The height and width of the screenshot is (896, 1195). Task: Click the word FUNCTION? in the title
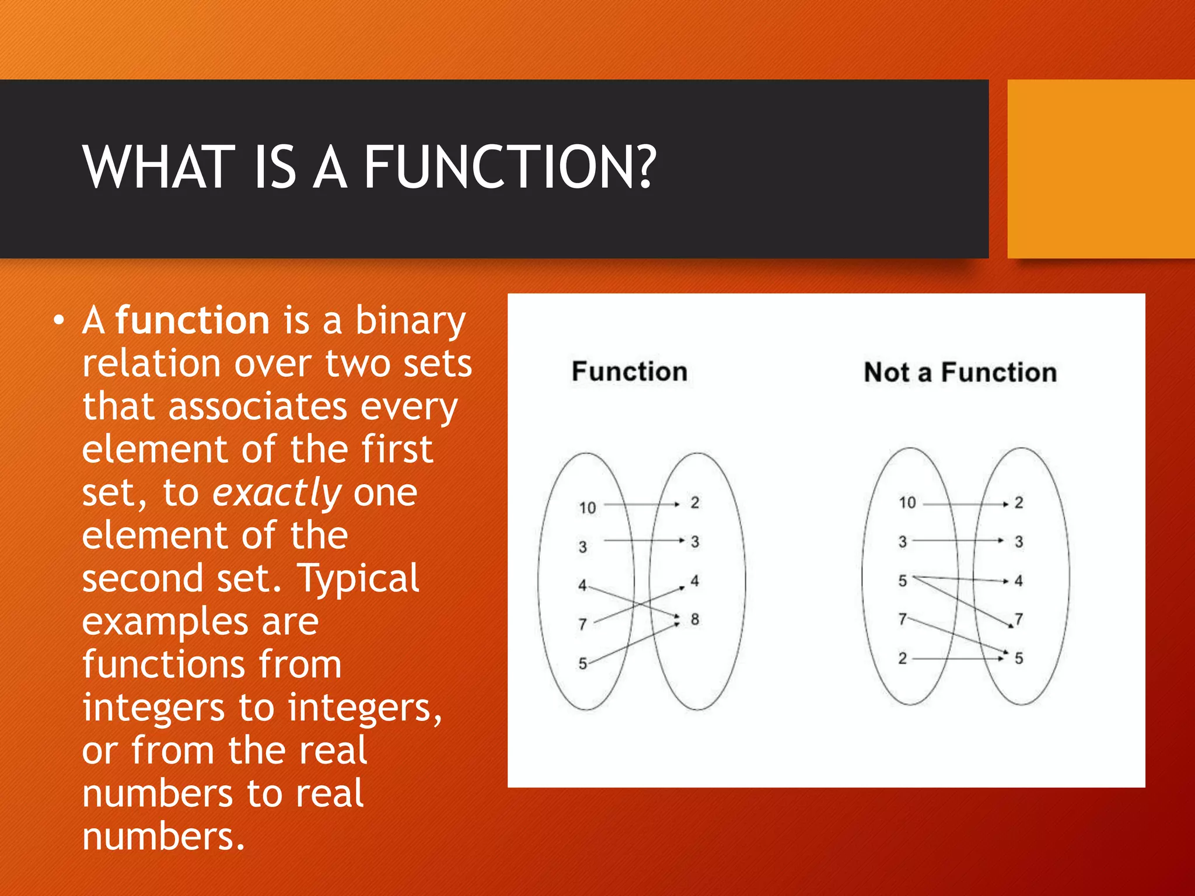[511, 167]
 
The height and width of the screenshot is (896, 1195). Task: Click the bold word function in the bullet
[193, 320]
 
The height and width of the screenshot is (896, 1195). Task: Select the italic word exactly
[277, 492]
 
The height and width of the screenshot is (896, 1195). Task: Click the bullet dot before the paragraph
[58, 321]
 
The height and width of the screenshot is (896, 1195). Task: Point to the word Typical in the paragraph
[358, 578]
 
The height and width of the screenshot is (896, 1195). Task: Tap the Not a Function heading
[960, 372]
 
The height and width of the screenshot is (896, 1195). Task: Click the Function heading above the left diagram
[630, 372]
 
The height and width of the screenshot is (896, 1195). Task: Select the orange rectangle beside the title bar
[1100, 169]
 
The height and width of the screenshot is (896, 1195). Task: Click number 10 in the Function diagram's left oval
[588, 508]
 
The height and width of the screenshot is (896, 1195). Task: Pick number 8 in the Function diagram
[695, 619]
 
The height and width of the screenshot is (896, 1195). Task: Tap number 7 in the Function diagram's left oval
[582, 624]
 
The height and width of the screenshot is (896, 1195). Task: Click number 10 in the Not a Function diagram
[907, 503]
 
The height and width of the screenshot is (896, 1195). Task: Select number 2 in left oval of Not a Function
[903, 659]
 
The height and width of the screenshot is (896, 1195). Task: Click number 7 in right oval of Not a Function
[1019, 619]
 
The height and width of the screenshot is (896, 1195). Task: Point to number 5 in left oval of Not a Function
[903, 581]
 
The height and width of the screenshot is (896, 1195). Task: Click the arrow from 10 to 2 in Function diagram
[642, 504]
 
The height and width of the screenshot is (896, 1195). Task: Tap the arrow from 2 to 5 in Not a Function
[957, 659]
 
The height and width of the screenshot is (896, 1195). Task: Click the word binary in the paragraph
[410, 320]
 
